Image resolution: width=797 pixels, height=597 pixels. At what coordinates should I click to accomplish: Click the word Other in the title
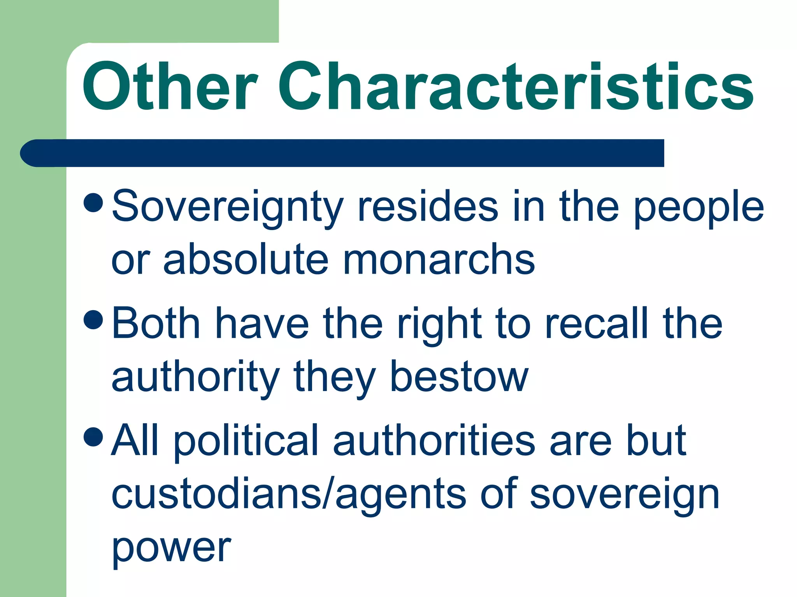[169, 87]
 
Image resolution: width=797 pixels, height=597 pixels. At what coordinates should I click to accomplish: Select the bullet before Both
[93, 319]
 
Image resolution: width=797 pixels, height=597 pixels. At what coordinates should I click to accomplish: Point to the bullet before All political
[93, 436]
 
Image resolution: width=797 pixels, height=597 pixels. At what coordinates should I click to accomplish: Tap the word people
[699, 208]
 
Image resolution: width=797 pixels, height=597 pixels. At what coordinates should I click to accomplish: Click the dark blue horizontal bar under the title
[342, 153]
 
